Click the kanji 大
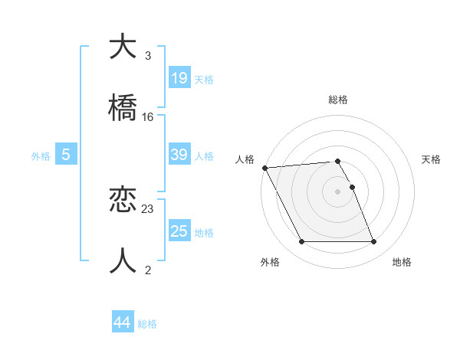(123, 47)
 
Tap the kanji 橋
(123, 108)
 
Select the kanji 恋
(123, 201)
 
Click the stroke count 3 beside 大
(148, 56)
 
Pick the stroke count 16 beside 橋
(148, 117)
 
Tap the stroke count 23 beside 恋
(148, 209)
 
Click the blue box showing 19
(179, 77)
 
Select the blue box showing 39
(179, 155)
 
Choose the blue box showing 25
(179, 231)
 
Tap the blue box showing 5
(66, 155)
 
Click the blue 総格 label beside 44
(147, 324)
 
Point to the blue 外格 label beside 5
(41, 156)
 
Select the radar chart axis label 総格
(338, 100)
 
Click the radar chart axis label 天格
(431, 159)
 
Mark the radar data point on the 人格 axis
(264, 168)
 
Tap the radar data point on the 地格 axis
(373, 242)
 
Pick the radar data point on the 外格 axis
(301, 242)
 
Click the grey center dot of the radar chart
(337, 191)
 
